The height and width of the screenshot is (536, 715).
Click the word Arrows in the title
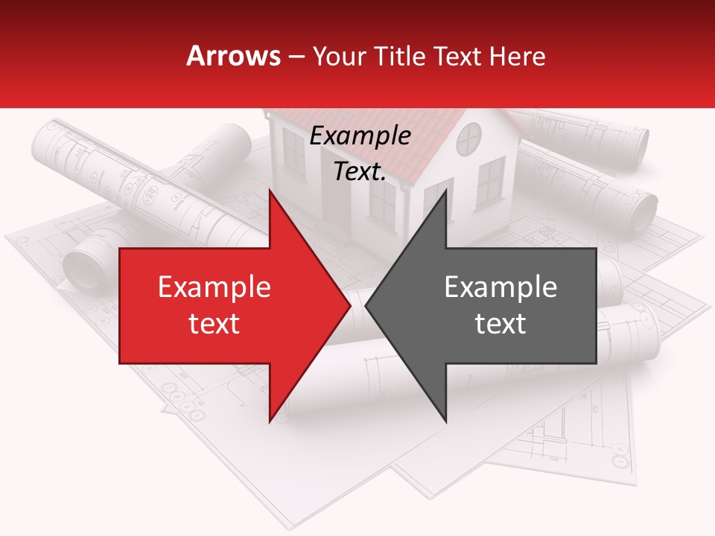[234, 56]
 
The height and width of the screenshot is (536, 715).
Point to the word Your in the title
[337, 56]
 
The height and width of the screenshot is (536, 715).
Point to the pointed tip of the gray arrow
[367, 306]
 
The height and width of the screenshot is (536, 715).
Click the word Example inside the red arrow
[214, 287]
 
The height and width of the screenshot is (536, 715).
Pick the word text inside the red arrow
[214, 324]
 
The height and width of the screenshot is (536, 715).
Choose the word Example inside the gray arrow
[500, 287]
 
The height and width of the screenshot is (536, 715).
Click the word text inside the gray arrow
[500, 324]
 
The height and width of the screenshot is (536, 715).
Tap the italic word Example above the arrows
[360, 136]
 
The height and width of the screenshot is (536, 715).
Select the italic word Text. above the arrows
[360, 172]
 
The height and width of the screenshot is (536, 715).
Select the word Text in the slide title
[457, 56]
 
